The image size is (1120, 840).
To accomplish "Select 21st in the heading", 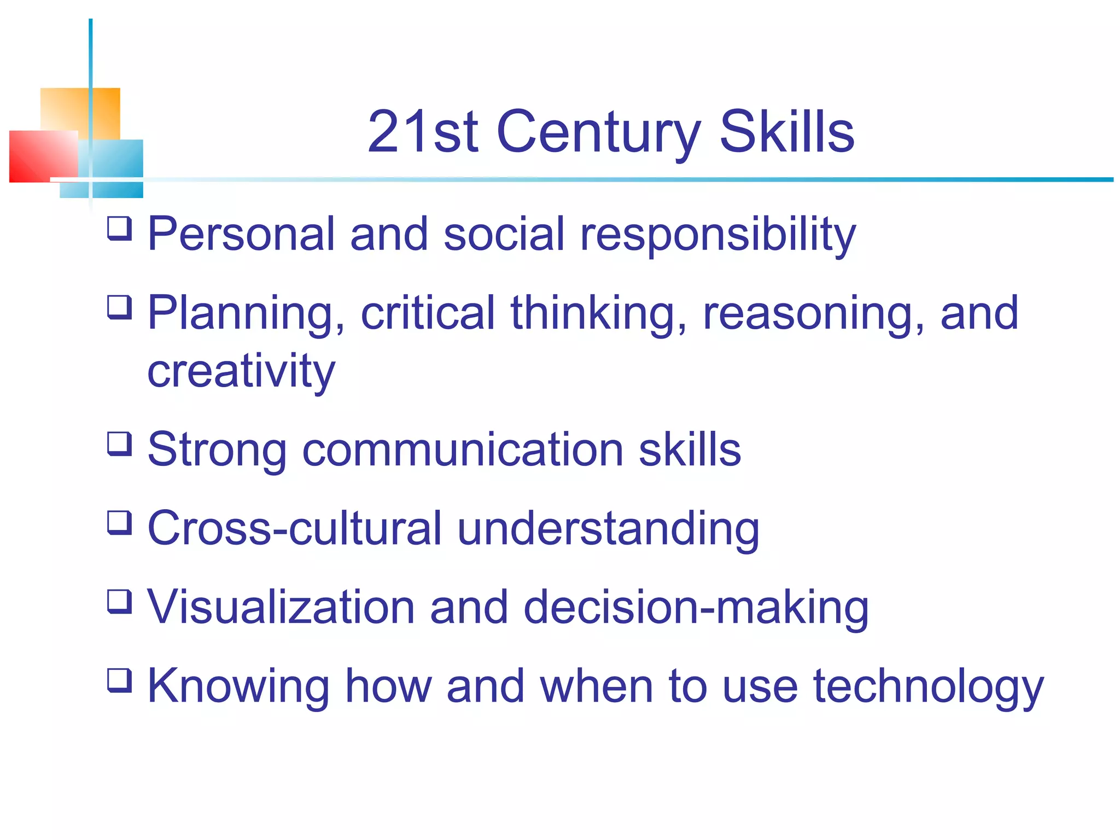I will coord(423,132).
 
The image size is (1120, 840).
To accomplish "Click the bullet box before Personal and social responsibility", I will coord(119,228).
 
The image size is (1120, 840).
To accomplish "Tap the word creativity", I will coord(241,371).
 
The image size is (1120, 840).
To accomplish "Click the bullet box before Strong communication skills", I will coord(119,444).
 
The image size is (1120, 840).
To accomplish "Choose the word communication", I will coord(463,450).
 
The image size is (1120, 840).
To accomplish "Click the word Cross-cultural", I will coord(294,528).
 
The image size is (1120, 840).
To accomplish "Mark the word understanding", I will coord(608,529).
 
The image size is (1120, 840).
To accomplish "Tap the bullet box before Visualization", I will coord(119,601).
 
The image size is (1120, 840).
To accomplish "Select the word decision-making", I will coord(696,608).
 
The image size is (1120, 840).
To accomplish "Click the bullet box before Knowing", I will coord(119,680).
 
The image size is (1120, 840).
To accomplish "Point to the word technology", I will coord(928,687).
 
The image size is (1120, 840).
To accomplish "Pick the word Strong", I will coord(217,450).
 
